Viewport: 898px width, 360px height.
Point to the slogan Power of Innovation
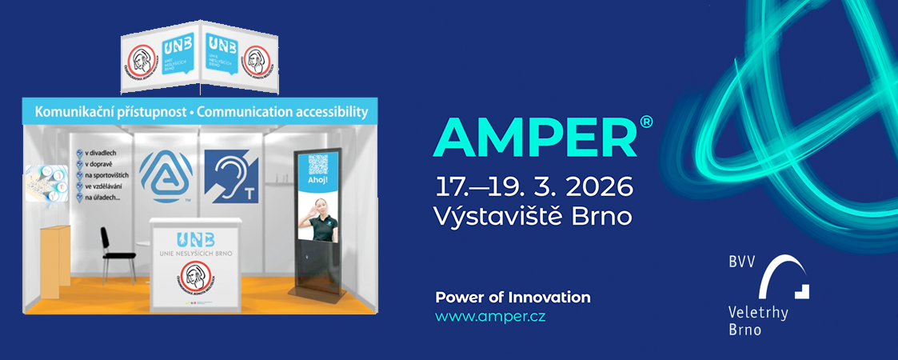point(513,298)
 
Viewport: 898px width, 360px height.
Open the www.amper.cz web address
point(490,317)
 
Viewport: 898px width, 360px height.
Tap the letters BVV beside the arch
point(742,262)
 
